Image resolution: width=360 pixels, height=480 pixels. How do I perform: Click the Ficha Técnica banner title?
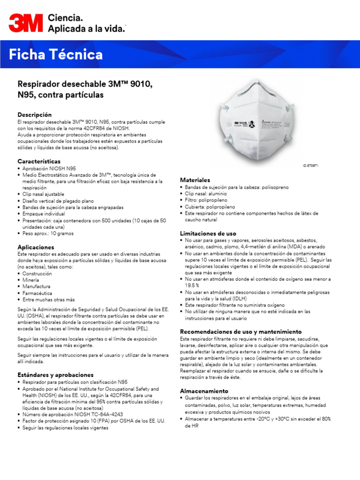point(56,55)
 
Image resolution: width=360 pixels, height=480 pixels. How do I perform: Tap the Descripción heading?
point(35,115)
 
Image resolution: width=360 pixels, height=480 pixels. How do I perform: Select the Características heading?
point(39,161)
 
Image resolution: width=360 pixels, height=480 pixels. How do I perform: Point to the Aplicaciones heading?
point(36,247)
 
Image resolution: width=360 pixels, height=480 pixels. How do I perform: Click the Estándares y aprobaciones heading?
point(55,375)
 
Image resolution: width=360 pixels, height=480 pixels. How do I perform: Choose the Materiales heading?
point(195,180)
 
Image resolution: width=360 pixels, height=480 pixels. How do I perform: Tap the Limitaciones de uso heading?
point(208,233)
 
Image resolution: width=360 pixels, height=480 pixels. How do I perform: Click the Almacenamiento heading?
point(204,391)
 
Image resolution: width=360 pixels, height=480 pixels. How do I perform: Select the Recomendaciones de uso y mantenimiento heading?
point(240,332)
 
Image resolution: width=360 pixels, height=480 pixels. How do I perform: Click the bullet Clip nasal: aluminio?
point(205,194)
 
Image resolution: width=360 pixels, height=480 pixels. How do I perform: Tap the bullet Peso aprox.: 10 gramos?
point(48,233)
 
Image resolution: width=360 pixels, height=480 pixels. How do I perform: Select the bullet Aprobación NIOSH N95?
point(49,168)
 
